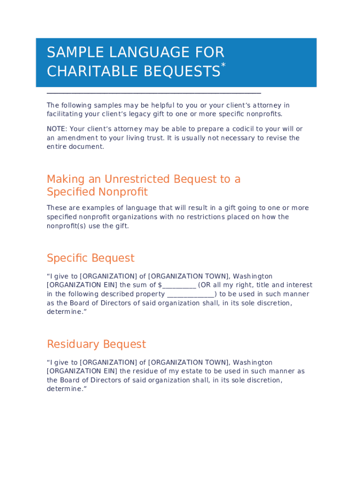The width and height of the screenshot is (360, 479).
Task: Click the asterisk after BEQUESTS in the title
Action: (x=223, y=65)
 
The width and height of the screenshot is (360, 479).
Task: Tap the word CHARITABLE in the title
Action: (x=87, y=72)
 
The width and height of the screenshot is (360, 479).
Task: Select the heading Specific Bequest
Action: (x=91, y=258)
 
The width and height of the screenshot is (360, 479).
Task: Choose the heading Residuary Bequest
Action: (x=96, y=344)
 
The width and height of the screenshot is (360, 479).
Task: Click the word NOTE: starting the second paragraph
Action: (x=57, y=129)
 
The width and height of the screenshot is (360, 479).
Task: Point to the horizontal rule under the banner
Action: (x=154, y=94)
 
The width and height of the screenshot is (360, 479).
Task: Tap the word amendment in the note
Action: (x=78, y=138)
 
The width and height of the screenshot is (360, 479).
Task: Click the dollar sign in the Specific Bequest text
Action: (x=159, y=285)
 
